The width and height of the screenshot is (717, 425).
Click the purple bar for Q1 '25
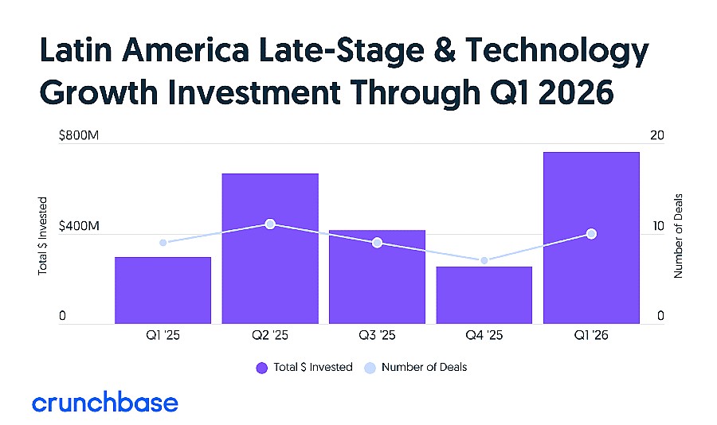(163, 290)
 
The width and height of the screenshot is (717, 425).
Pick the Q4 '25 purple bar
(484, 295)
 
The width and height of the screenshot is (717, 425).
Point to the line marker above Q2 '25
(270, 224)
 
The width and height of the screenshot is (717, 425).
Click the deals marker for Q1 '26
(591, 233)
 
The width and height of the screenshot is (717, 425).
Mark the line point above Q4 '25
(484, 260)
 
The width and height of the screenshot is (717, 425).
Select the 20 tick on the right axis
(657, 136)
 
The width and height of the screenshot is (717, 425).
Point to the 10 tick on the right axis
(657, 227)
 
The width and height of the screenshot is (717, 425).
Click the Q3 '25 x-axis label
(377, 337)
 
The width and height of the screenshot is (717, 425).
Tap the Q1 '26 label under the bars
(591, 337)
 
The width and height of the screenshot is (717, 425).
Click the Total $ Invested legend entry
(304, 368)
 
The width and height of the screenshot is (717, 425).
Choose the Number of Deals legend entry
(416, 368)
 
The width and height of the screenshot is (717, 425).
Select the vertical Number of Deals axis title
(680, 236)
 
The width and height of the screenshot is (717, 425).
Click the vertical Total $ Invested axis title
(43, 236)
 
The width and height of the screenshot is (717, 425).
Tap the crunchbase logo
(105, 402)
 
